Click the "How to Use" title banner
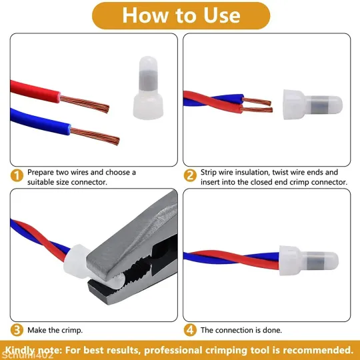point(181,15)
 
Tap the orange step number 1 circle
point(17,175)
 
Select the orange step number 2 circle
point(190,175)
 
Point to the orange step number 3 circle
point(17,330)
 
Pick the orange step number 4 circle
point(190,330)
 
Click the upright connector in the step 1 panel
point(148,88)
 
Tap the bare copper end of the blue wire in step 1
point(95,137)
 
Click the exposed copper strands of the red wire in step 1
point(85,104)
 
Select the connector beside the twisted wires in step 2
point(313,105)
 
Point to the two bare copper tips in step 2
point(257,105)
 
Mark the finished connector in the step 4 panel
point(309,261)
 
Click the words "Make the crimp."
point(55,330)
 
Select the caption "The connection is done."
point(241,330)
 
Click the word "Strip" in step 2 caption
point(209,173)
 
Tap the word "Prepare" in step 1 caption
point(41,173)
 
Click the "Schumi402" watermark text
point(27,355)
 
